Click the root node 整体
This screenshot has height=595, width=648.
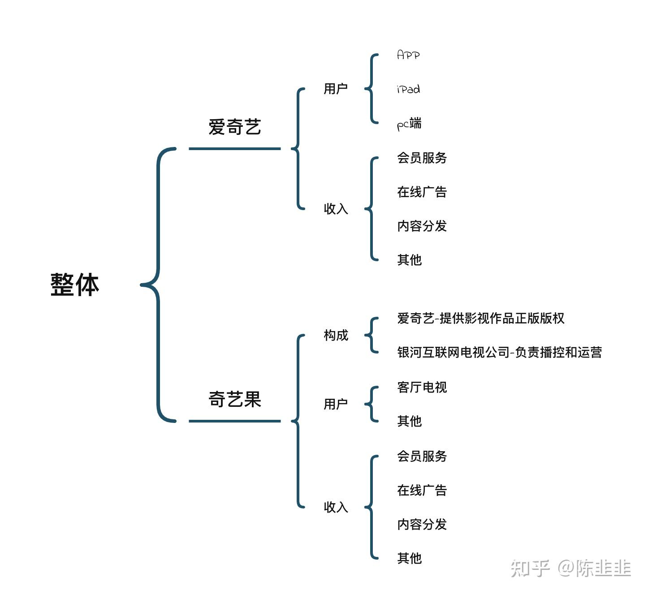point(74,285)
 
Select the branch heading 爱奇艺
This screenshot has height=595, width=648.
point(234,127)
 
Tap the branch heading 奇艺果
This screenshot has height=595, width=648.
point(234,399)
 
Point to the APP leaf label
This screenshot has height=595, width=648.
point(408,55)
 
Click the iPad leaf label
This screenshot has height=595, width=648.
point(408,89)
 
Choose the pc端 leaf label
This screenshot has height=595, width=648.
point(409,124)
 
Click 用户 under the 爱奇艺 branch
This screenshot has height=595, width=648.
point(336,89)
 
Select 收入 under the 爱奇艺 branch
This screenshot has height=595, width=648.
point(336,209)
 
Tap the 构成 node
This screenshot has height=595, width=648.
point(336,335)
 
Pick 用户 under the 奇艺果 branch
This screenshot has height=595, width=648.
point(336,404)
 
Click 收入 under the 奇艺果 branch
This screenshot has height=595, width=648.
point(336,507)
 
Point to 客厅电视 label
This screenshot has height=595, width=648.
point(422,387)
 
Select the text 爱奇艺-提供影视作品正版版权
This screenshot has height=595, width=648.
point(480,318)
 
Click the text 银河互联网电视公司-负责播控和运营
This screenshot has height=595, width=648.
point(499,353)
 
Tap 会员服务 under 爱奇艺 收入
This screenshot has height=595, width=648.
point(422,158)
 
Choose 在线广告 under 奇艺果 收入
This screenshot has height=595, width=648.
point(422,490)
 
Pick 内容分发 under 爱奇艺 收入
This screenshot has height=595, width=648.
point(422,226)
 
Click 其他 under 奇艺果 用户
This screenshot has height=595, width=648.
point(409,421)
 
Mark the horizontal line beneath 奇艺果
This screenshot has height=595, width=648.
point(234,421)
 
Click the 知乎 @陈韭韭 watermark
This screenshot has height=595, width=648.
point(570,569)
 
